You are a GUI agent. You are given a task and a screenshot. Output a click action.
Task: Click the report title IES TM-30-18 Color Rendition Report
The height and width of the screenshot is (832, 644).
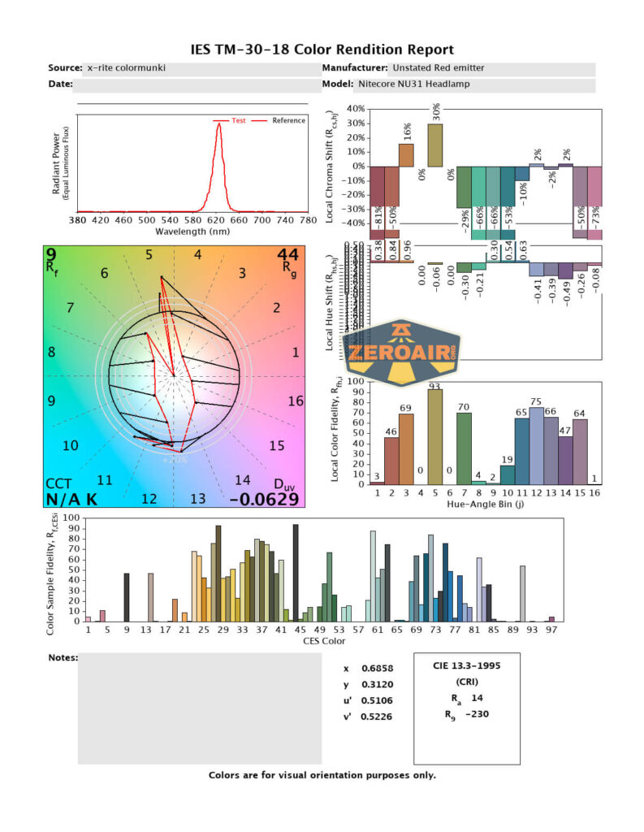click(x=322, y=50)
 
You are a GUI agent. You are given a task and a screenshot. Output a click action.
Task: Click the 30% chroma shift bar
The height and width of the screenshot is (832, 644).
click(x=436, y=145)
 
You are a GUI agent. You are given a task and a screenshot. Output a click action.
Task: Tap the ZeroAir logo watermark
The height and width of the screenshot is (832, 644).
click(x=404, y=352)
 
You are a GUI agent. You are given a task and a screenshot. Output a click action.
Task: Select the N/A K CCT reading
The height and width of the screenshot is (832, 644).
click(x=71, y=499)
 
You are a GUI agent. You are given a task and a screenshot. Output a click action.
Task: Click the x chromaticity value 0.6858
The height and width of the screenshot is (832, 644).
click(x=383, y=668)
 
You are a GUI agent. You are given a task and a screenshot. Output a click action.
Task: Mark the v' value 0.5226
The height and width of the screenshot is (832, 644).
click(x=383, y=715)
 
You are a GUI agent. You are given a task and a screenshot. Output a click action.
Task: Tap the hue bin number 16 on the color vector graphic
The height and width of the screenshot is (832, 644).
click(x=295, y=401)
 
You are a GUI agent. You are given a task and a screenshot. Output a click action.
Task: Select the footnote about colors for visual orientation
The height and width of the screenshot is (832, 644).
click(x=322, y=774)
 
